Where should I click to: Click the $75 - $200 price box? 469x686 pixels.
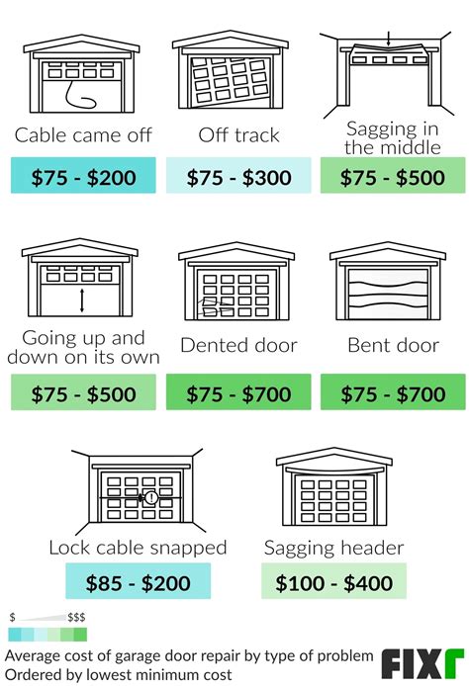click(83, 175)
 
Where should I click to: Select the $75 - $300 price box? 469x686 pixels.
click(238, 175)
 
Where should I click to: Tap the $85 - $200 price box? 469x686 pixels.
click(138, 580)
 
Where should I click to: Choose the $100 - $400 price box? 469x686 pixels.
click(333, 580)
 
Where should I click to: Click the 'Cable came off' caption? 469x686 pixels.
click(83, 134)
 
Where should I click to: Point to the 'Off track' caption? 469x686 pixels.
click(238, 134)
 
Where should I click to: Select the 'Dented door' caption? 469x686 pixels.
click(238, 345)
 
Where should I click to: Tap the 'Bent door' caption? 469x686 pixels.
click(393, 345)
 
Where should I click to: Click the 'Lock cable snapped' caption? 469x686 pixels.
click(138, 548)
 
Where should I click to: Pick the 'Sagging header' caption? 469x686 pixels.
click(333, 548)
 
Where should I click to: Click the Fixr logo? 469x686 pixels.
click(422, 663)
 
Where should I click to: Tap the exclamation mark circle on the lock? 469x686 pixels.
click(151, 497)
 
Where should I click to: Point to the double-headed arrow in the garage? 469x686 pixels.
click(82, 300)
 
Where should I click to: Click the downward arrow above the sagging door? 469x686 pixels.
click(388, 39)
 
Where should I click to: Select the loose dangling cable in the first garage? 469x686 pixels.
click(80, 95)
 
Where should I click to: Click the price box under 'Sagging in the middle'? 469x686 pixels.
click(393, 175)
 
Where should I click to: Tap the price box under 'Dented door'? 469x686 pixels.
click(238, 392)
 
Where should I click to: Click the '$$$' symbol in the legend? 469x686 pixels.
click(76, 618)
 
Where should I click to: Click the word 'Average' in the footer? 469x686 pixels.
click(30, 656)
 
